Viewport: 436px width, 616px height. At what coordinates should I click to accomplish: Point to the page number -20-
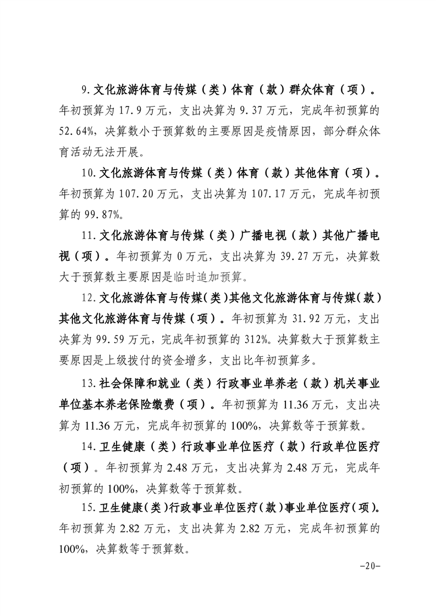click(369, 567)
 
